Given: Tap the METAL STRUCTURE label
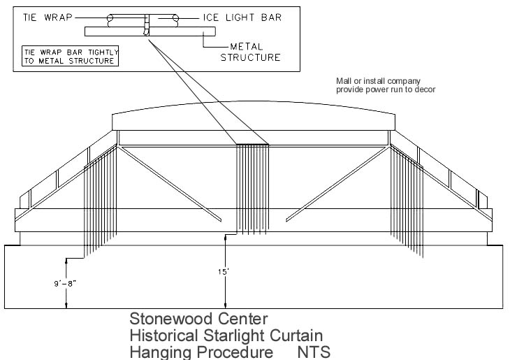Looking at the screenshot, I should pos(250,52).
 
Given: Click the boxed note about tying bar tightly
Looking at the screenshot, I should pos(68,55).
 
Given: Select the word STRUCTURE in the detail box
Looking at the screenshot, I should pos(250,57).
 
